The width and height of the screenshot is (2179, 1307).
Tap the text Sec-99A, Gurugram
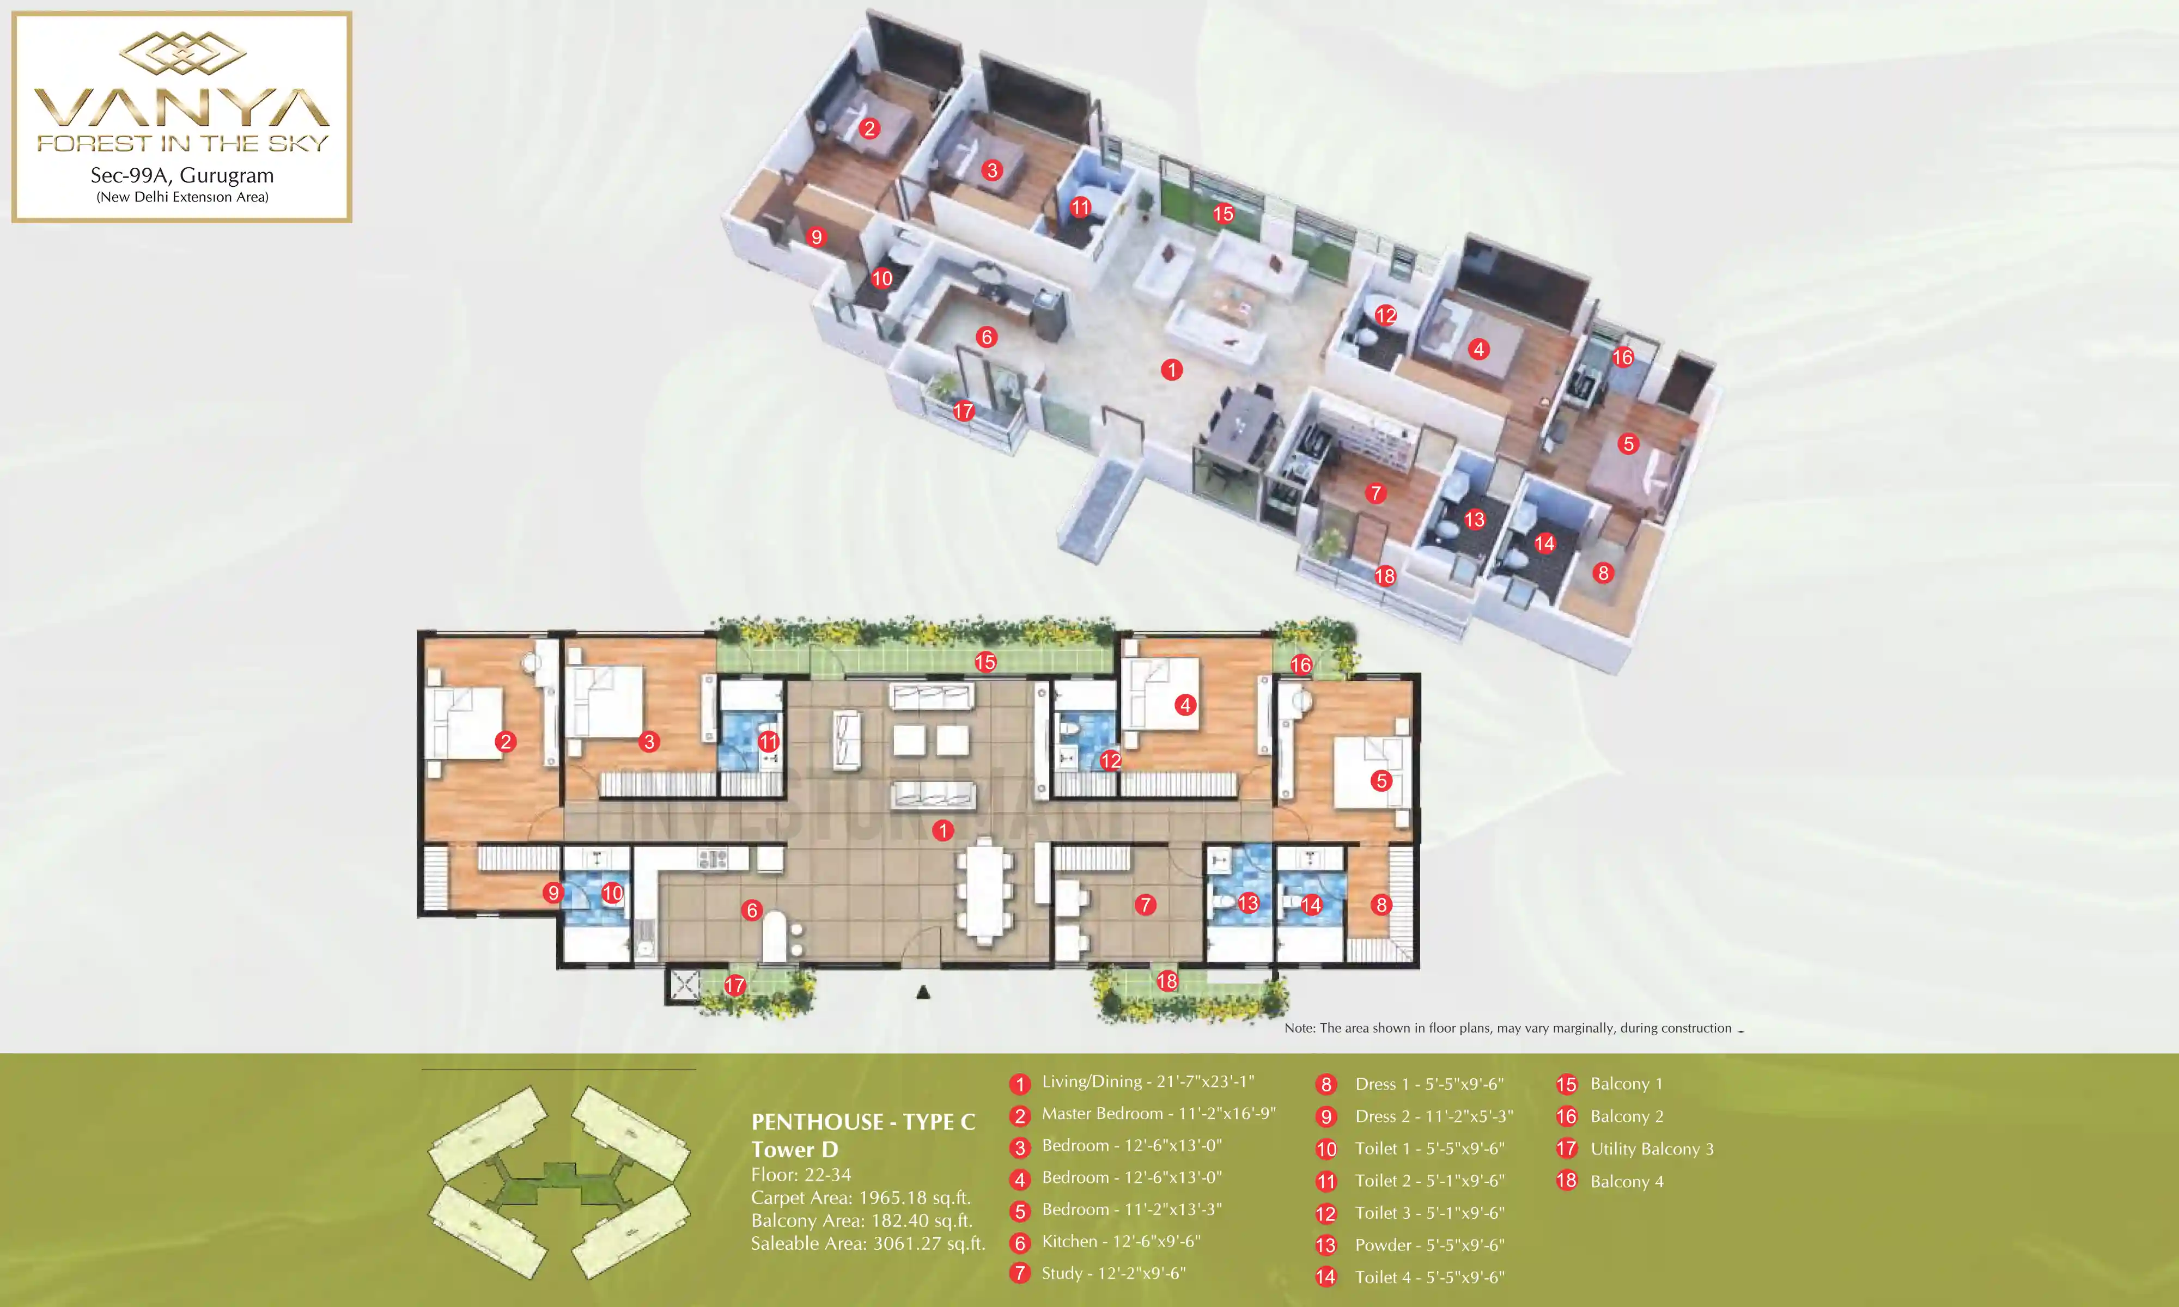[182, 175]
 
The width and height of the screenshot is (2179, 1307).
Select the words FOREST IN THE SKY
[182, 143]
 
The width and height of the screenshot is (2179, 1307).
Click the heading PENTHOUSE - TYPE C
[863, 1122]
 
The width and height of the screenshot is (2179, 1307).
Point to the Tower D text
[794, 1150]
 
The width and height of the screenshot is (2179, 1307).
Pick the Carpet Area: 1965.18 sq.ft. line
[861, 1198]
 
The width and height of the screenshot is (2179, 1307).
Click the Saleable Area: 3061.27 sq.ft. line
[868, 1244]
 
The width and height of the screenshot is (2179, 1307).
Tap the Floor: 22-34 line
[801, 1175]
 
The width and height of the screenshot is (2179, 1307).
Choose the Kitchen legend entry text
[1121, 1242]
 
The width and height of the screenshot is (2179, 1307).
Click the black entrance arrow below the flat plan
[923, 993]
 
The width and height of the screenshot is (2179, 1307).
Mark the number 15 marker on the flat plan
[985, 662]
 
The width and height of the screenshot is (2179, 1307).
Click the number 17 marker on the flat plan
[734, 986]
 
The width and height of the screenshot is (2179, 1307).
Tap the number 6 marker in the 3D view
[987, 337]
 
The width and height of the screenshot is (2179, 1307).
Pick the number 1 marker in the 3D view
[1171, 370]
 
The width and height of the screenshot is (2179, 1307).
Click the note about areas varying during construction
[1508, 1028]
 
